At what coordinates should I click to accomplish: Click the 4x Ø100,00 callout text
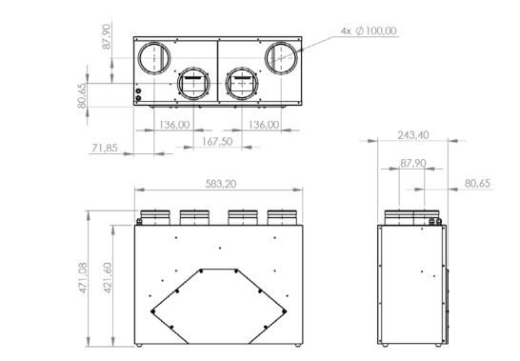(369, 30)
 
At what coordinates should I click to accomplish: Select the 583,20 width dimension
(221, 184)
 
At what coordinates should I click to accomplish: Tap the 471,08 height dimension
(83, 278)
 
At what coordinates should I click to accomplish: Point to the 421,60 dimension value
(108, 278)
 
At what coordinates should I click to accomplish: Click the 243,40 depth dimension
(413, 135)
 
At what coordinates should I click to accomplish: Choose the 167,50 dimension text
(217, 142)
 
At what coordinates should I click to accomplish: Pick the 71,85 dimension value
(105, 148)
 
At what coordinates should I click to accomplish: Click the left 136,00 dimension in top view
(174, 125)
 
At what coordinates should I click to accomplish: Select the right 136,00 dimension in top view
(264, 125)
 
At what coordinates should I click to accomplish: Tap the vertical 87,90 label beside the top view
(107, 36)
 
